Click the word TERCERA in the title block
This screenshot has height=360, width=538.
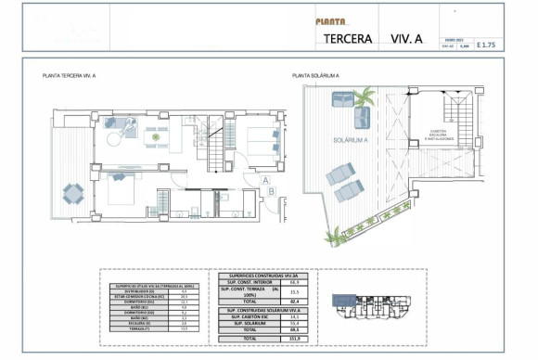point(349,39)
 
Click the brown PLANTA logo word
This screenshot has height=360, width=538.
point(330,20)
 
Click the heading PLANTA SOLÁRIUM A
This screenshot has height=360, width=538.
point(314,75)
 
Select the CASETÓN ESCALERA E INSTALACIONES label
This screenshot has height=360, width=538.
point(439,134)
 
